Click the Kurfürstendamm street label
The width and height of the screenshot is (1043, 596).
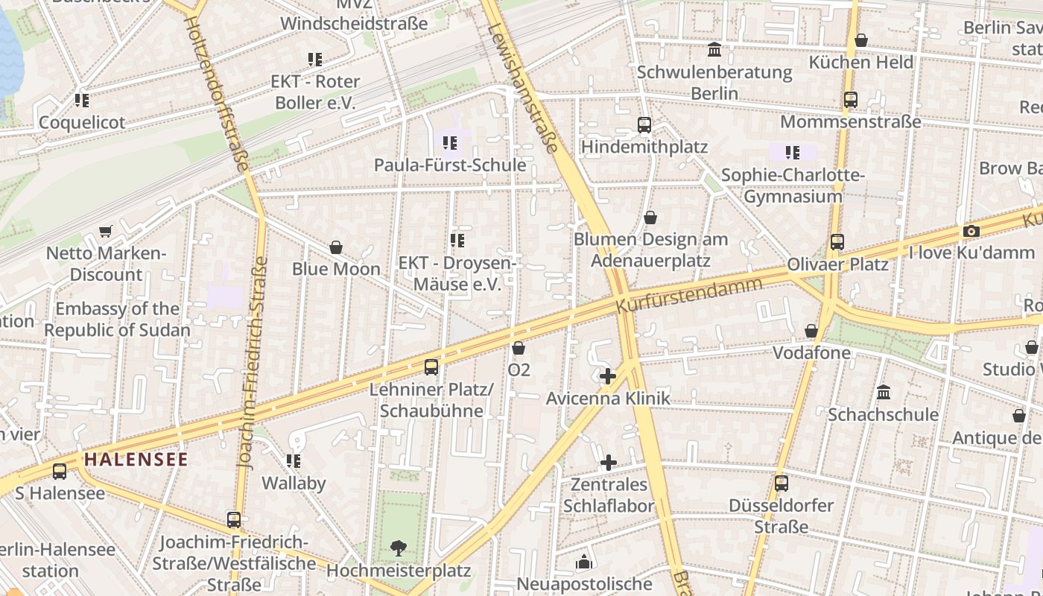[689, 295]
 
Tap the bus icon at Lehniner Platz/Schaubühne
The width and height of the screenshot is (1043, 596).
[431, 367]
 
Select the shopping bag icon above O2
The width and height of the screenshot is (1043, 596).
[519, 348]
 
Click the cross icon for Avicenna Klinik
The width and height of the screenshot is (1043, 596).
[608, 376]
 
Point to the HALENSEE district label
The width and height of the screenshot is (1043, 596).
[136, 459]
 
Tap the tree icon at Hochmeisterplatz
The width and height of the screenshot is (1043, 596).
[399, 548]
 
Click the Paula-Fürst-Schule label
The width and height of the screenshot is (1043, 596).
[450, 165]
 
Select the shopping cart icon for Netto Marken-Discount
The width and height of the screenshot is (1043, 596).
[106, 232]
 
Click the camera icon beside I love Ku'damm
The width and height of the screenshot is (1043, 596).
[970, 231]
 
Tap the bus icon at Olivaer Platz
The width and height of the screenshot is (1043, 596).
[837, 241]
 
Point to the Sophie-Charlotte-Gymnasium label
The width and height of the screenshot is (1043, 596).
[793, 186]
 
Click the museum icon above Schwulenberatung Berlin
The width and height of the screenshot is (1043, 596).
[714, 50]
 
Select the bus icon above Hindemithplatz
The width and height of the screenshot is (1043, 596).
[644, 124]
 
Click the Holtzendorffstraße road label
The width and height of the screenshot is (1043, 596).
[216, 93]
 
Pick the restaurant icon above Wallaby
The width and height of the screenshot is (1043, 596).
[294, 461]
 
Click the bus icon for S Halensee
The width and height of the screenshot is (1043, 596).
[60, 471]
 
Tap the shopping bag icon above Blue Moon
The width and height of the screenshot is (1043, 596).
[336, 247]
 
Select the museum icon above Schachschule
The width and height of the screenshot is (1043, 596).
[884, 391]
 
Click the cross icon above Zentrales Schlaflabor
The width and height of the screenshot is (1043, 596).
[609, 462]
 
